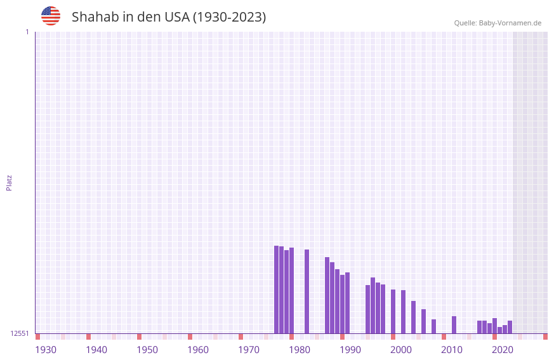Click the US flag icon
pyautogui.click(x=51, y=16)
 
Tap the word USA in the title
pyautogui.click(x=177, y=17)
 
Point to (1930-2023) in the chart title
pyautogui.click(x=229, y=17)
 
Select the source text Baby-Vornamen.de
pyautogui.click(x=510, y=23)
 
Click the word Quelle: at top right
pyautogui.click(x=465, y=23)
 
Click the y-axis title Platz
pyautogui.click(x=9, y=182)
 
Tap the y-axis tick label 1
pyautogui.click(x=27, y=32)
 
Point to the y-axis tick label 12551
pyautogui.click(x=20, y=333)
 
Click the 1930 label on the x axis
pyautogui.click(x=46, y=350)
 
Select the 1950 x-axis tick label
pyautogui.click(x=147, y=350)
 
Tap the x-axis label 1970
pyautogui.click(x=249, y=350)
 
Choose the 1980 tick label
pyautogui.click(x=300, y=350)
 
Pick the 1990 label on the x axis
pyautogui.click(x=350, y=350)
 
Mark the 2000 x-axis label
pyautogui.click(x=401, y=350)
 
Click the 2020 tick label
pyautogui.click(x=503, y=350)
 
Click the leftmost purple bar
pyautogui.click(x=276, y=289)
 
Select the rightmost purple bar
pyautogui.click(x=510, y=327)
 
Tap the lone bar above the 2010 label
pyautogui.click(x=454, y=324)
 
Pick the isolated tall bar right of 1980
pyautogui.click(x=307, y=291)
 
